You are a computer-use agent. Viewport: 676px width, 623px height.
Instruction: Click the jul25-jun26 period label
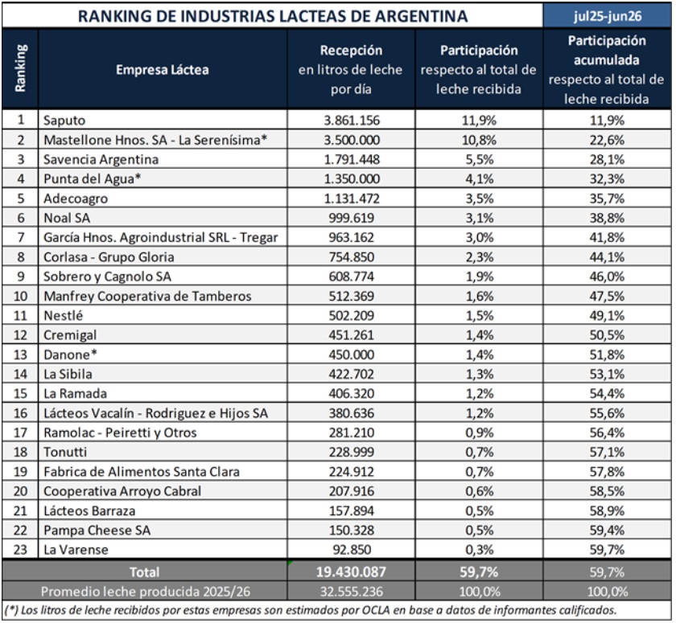[x=608, y=16]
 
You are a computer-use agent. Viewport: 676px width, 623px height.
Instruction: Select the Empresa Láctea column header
[x=162, y=70]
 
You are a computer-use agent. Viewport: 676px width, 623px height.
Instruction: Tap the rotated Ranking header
[x=20, y=68]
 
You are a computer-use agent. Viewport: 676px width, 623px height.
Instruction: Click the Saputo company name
[x=64, y=120]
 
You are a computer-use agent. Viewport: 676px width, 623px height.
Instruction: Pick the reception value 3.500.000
[x=352, y=140]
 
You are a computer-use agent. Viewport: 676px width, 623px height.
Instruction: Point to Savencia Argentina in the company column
[x=101, y=159]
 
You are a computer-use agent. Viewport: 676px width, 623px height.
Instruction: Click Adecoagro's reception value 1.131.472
[x=352, y=199]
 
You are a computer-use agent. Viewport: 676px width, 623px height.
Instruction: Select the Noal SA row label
[x=67, y=218]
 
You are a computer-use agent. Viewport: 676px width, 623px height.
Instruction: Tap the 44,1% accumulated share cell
[x=607, y=257]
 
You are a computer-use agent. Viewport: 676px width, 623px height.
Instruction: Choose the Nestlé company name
[x=63, y=316]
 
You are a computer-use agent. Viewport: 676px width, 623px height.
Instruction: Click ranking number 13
[x=20, y=355]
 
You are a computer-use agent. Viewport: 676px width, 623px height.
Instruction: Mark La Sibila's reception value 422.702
[x=352, y=374]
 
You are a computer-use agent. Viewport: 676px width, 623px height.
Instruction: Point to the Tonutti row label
[x=65, y=452]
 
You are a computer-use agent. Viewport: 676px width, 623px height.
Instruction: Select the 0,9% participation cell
[x=479, y=432]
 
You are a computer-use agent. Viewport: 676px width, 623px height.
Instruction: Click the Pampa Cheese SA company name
[x=97, y=530]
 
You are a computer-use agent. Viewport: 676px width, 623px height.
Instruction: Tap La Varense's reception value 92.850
[x=352, y=550]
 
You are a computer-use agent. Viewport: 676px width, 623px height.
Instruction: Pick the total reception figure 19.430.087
[x=352, y=572]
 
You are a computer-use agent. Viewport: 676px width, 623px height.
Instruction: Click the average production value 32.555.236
[x=352, y=592]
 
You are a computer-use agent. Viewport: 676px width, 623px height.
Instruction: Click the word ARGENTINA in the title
[x=421, y=16]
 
